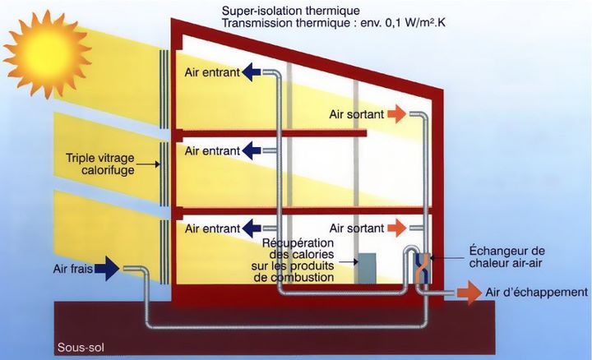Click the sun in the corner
[x=47, y=54]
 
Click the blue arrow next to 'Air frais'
[x=107, y=268]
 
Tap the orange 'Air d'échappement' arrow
[x=469, y=293]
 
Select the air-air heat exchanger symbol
[x=423, y=268]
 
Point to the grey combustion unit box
[x=367, y=268]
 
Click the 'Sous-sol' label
[x=81, y=348]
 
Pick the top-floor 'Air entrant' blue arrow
[x=251, y=72]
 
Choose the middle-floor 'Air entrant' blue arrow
[x=251, y=150]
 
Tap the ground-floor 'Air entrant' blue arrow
[x=251, y=228]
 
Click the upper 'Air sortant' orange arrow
[x=397, y=114]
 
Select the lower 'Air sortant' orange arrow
[x=397, y=228]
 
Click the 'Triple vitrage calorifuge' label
[x=100, y=164]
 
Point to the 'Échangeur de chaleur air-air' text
[x=506, y=256]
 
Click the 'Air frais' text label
[x=73, y=269]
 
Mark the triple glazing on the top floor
[x=164, y=89]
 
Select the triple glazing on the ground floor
[x=164, y=252]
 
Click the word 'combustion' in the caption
[x=294, y=278]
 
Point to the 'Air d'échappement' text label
[x=537, y=292]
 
